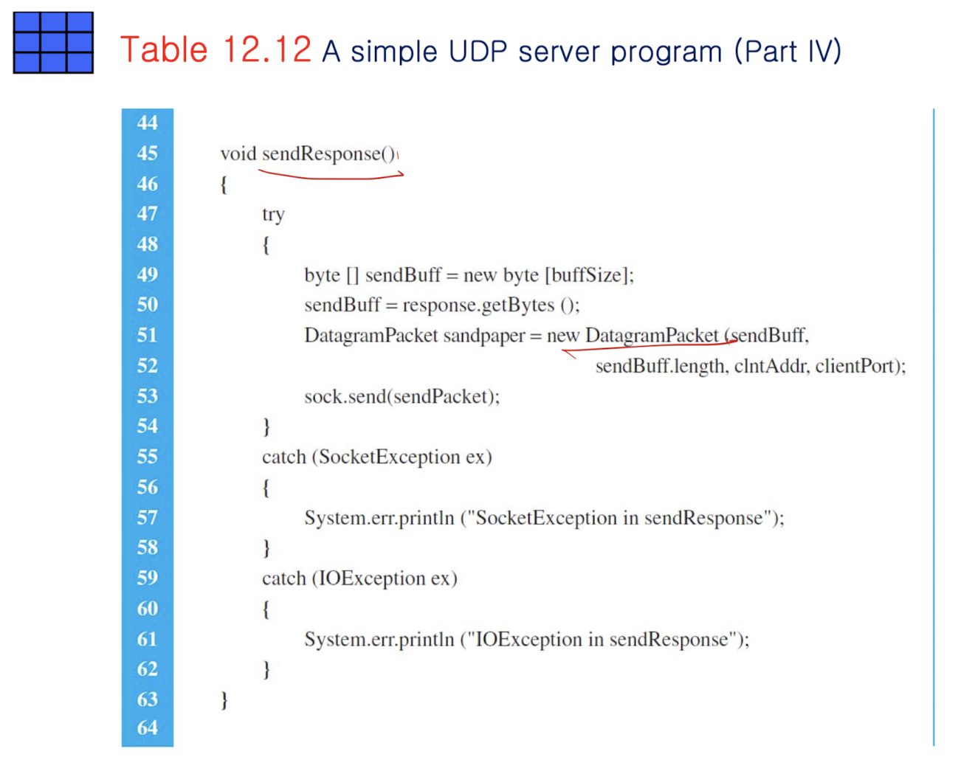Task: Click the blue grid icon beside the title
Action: tap(53, 43)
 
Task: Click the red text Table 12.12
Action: tap(216, 50)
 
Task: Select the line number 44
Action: tap(147, 122)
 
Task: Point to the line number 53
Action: tap(147, 396)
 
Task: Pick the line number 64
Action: tap(147, 728)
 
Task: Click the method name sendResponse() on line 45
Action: tap(329, 153)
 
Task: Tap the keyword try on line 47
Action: tap(273, 215)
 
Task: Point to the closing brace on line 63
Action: tap(224, 699)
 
